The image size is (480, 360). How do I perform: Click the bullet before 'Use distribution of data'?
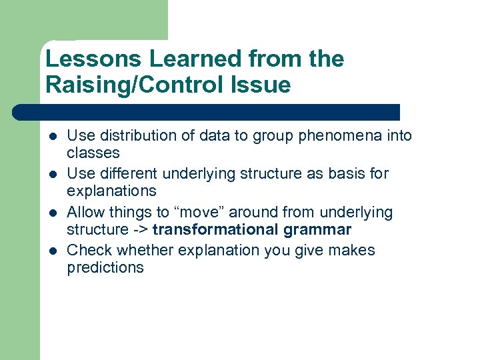pyautogui.click(x=51, y=137)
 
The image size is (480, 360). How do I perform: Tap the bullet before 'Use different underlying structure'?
pyautogui.click(x=51, y=175)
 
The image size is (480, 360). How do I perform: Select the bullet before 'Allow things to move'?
pyautogui.click(x=51, y=213)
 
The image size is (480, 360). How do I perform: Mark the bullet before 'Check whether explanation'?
pyautogui.click(x=51, y=251)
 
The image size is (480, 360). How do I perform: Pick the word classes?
pyautogui.click(x=93, y=153)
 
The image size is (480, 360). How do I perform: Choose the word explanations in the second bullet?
pyautogui.click(x=111, y=191)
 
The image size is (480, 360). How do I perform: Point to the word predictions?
pyautogui.click(x=105, y=267)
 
